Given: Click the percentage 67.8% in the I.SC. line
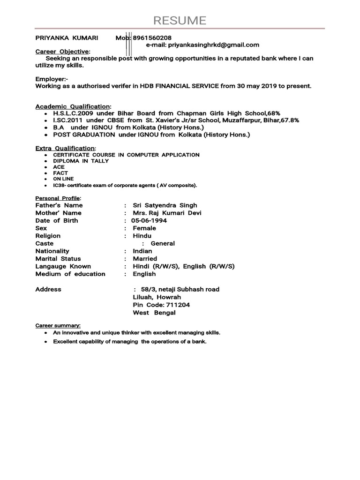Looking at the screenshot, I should coord(289,120).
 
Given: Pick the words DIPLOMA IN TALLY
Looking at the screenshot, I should coord(81,161).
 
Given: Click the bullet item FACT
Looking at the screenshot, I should coord(60,173).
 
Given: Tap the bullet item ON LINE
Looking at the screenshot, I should coord(63,179).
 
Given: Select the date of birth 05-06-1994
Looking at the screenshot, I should coord(149,220).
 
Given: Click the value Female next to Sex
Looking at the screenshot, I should coord(144,228).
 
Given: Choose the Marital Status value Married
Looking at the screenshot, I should coord(145,259).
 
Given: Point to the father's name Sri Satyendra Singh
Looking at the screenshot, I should coord(165,205).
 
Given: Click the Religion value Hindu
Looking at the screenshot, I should coord(142,236).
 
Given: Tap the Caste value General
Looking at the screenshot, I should coord(163,243).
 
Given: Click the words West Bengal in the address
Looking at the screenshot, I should coord(154,313).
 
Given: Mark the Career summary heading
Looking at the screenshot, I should coord(58,325).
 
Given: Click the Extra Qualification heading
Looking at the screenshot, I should coord(65,148).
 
